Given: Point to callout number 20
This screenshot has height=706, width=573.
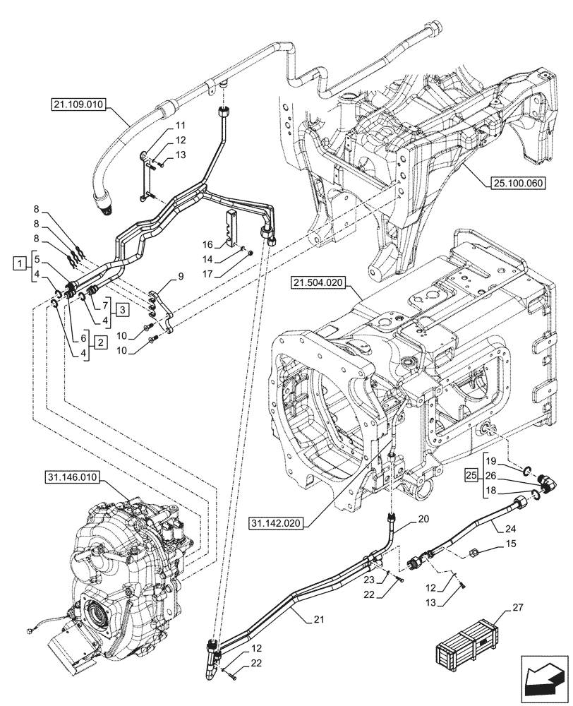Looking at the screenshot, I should pos(423,518).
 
